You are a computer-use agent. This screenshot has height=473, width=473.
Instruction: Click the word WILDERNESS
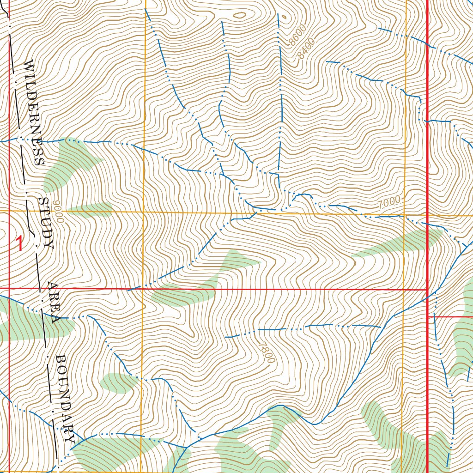(33, 113)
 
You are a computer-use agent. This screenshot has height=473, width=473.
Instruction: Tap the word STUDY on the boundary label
(46, 223)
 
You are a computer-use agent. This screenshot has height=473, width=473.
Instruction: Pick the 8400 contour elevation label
(306, 48)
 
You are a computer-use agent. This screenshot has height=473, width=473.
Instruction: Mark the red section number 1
(19, 243)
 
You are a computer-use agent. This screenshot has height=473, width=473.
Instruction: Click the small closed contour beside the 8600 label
(283, 18)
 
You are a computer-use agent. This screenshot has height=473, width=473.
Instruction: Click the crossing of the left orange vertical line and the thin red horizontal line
(142, 289)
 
